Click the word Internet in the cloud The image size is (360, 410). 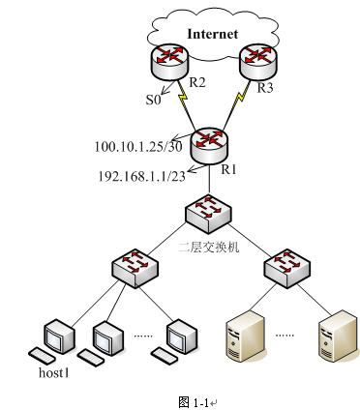213,34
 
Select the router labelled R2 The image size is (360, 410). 168,62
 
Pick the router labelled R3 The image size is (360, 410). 258,62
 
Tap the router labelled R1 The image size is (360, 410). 209,146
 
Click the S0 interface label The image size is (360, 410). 153,100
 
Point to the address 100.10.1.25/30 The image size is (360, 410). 138,147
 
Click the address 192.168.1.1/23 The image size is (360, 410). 142,176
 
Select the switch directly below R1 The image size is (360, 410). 209,214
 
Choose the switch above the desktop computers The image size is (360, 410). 135,268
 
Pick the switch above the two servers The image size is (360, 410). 287,268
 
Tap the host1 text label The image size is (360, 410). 54,372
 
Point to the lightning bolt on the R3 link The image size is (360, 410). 241,98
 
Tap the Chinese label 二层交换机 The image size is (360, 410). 209,247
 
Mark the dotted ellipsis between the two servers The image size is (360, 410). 285,336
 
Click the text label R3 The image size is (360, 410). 265,88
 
